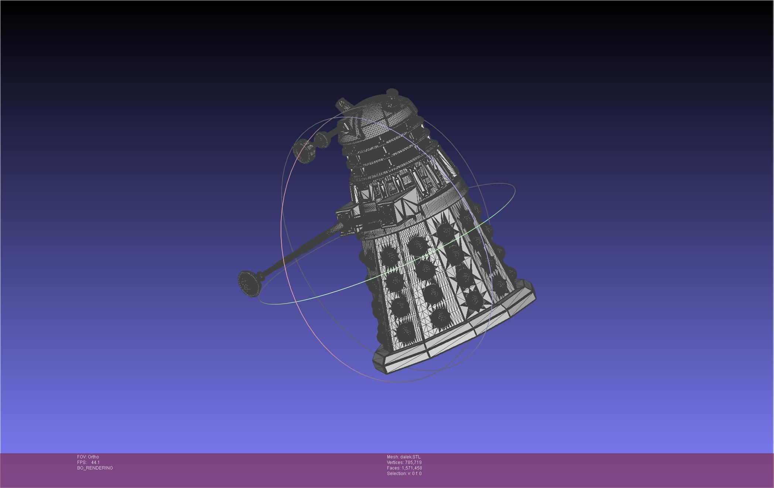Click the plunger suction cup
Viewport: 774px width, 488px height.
tap(249, 283)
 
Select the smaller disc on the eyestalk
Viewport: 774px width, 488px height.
tap(321, 140)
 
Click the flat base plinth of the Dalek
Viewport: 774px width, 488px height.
tap(454, 333)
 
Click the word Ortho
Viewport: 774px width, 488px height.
tap(93, 457)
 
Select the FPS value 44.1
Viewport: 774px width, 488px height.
tap(95, 462)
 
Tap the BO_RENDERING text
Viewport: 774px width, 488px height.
tap(95, 468)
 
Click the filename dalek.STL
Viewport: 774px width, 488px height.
tap(410, 457)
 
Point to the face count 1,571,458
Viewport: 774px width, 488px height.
tap(412, 468)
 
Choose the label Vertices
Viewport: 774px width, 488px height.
tap(395, 462)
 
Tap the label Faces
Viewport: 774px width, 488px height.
tap(393, 468)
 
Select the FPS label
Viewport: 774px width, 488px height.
tap(81, 462)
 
